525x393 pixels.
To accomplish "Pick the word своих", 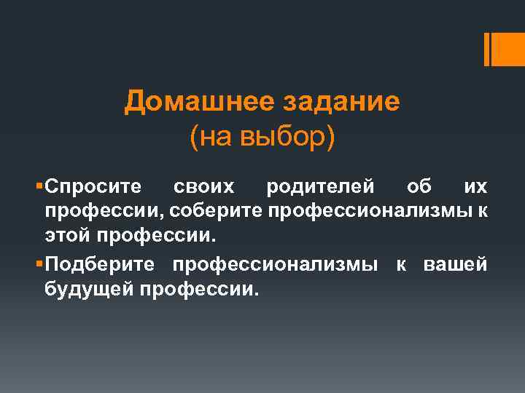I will [x=204, y=187].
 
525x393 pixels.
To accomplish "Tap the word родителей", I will [x=322, y=187].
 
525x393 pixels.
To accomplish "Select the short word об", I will [x=419, y=187].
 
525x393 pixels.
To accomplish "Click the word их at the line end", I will [x=475, y=187].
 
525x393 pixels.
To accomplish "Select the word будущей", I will [x=87, y=290].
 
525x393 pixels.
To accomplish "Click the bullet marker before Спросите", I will [x=39, y=187].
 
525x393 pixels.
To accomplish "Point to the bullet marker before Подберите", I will [x=39, y=265].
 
